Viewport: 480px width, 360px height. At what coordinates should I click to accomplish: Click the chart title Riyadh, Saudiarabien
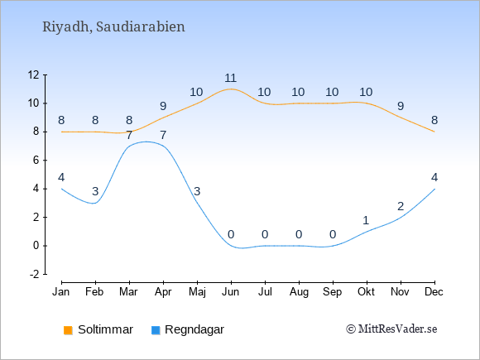[x=113, y=27]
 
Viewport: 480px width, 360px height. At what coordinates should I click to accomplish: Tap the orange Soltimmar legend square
[x=68, y=330]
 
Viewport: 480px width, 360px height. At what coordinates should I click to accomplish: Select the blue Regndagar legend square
[x=156, y=330]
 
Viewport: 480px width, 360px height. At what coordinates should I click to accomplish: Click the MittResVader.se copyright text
[x=391, y=329]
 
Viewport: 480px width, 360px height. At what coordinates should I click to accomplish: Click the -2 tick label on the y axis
[x=34, y=274]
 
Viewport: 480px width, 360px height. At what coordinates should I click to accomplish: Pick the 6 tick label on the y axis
[x=36, y=160]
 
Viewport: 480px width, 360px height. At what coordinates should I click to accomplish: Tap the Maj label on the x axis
[x=197, y=292]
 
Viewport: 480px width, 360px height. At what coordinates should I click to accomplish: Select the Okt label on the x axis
[x=366, y=292]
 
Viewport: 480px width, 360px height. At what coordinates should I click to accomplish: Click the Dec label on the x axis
[x=434, y=292]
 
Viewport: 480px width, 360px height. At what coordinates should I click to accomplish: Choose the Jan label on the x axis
[x=61, y=292]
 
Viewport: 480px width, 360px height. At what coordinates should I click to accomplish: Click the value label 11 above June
[x=231, y=78]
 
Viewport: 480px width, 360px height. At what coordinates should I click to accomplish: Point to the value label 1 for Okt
[x=366, y=220]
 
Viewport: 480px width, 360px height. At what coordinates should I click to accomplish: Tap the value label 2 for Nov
[x=401, y=207]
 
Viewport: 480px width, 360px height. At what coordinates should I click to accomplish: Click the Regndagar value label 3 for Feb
[x=95, y=192]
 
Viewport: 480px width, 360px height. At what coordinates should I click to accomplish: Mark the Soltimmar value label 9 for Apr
[x=163, y=106]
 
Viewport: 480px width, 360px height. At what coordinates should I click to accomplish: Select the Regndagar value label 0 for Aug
[x=299, y=235]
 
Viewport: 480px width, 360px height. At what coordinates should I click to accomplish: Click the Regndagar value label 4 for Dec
[x=434, y=177]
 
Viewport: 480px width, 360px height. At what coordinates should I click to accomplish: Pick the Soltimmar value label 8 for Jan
[x=61, y=120]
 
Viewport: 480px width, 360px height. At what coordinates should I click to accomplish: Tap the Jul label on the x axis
[x=265, y=292]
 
